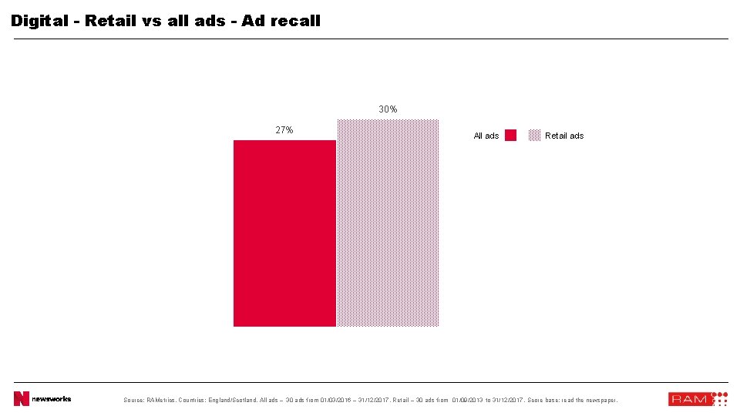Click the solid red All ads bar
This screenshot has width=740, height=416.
284,233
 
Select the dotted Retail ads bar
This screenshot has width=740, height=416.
388,223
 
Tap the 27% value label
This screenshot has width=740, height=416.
284,130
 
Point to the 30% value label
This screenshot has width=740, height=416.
388,109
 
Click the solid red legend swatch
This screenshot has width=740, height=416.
510,136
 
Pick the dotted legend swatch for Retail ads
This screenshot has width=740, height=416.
534,136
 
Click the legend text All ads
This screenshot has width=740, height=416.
486,136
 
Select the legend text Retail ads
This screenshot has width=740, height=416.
564,136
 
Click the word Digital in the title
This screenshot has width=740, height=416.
39,21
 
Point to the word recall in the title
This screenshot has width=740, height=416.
294,21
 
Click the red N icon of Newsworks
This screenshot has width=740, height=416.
21,398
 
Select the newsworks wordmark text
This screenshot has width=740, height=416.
52,398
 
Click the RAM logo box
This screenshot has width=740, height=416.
688,399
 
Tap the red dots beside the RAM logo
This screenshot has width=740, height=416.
719,398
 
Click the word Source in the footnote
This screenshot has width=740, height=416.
134,400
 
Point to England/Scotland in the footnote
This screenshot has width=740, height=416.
231,400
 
